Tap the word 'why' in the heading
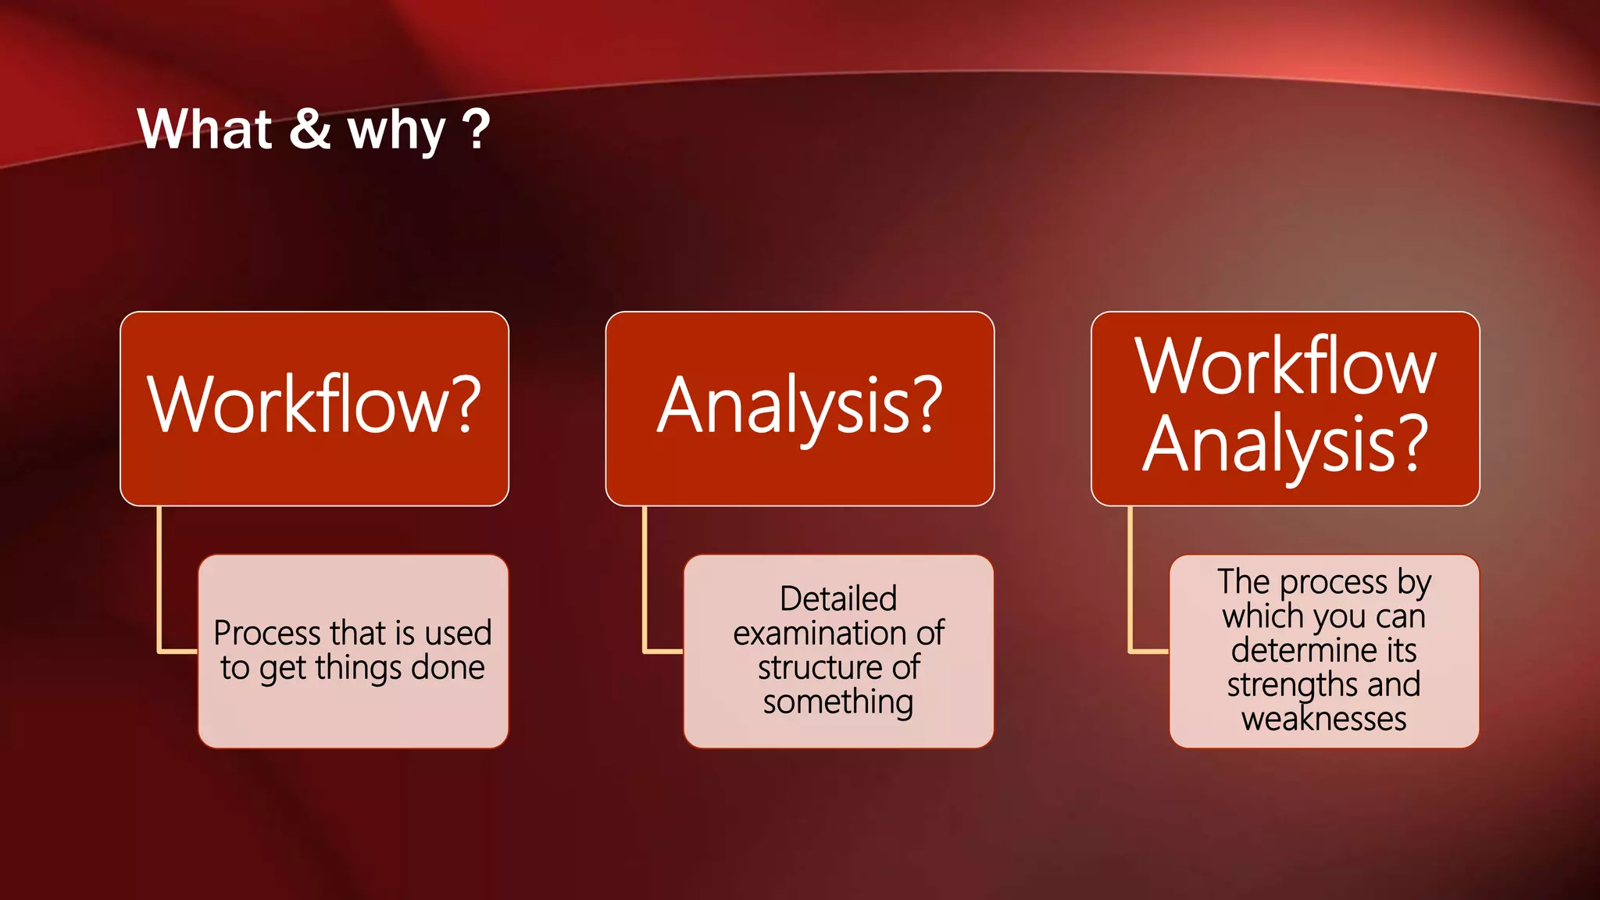tap(396, 131)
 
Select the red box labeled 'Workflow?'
tap(314, 408)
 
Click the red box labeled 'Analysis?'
tap(799, 408)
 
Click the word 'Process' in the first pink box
tap(266, 633)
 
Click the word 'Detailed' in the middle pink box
tap(838, 599)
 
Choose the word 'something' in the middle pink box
tap(838, 702)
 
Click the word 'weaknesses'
tap(1323, 719)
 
